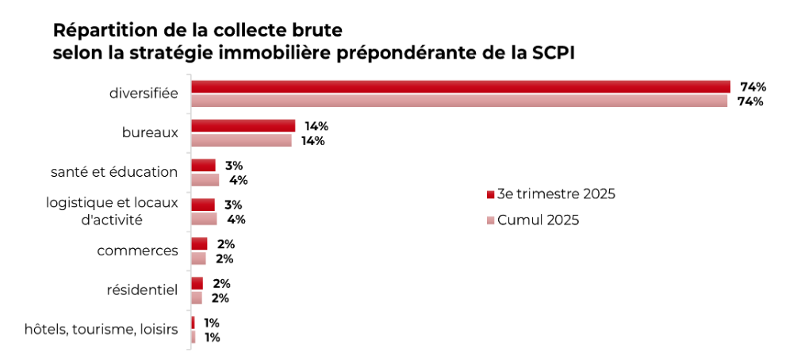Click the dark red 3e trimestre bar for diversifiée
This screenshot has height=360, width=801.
click(460, 86)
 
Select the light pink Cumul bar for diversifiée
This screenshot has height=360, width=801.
click(458, 101)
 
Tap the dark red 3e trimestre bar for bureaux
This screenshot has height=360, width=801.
click(243, 125)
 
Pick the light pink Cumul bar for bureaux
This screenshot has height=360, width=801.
click(241, 140)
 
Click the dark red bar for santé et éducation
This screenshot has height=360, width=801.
click(203, 165)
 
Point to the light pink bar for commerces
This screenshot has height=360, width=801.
click(198, 259)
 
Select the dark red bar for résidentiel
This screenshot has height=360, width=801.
click(197, 283)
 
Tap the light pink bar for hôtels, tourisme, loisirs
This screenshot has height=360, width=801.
click(193, 337)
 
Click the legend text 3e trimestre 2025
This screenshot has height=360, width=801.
click(556, 194)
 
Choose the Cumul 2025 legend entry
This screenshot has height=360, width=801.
click(538, 220)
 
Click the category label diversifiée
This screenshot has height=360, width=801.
click(144, 94)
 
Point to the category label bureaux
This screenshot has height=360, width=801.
click(150, 132)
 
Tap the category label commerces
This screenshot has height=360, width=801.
click(137, 251)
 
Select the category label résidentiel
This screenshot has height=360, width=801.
click(142, 290)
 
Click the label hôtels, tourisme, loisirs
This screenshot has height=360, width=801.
click(101, 329)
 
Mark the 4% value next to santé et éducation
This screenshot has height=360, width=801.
click(238, 180)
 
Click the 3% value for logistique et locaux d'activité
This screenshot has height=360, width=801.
click(233, 205)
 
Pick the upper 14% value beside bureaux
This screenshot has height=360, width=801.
click(316, 126)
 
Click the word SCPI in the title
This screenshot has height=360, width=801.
click(556, 53)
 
